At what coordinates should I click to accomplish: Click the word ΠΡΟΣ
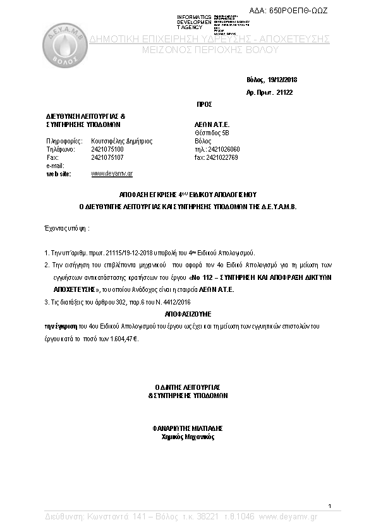203,104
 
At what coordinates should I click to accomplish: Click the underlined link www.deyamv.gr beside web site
112,172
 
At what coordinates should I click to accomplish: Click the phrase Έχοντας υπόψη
66,226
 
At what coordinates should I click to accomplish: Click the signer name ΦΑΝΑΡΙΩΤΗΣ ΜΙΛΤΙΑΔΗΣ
188,427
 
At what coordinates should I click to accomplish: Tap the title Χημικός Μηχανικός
188,437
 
